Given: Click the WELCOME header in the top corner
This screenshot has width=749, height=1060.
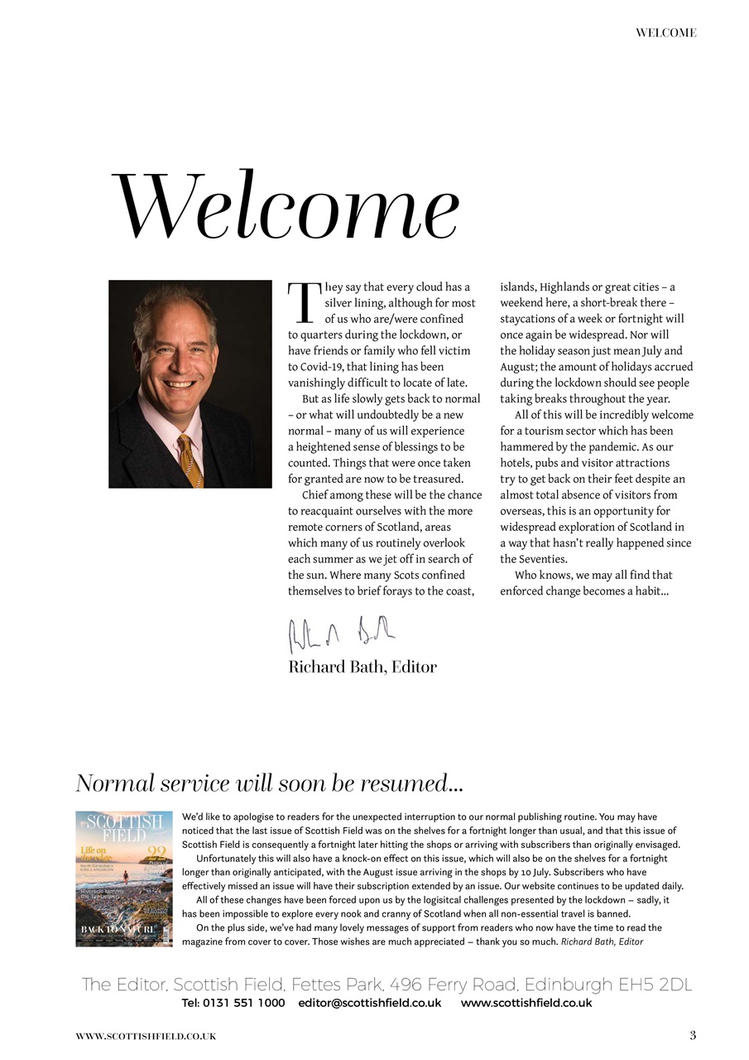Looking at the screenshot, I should click(x=665, y=33).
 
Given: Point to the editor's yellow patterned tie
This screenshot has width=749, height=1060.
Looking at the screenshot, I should click(x=190, y=460).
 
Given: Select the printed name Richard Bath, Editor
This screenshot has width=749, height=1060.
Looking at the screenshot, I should click(x=362, y=667).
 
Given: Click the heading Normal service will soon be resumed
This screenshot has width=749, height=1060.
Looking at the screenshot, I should click(x=269, y=783).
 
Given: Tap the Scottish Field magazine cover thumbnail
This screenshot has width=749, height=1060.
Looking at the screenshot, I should click(x=124, y=879).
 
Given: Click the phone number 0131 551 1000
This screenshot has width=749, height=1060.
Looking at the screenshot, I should click(x=245, y=1003).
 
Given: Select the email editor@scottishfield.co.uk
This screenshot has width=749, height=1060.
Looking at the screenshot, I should click(x=369, y=1003).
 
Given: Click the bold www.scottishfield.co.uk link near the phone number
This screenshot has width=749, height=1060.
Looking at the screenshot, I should click(x=526, y=1003).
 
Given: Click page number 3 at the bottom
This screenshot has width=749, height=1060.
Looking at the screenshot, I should click(x=693, y=1035).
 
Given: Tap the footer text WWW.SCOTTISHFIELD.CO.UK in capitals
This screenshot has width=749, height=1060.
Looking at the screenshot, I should click(x=146, y=1036).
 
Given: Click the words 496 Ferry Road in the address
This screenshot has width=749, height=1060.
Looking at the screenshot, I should click(x=454, y=985).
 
